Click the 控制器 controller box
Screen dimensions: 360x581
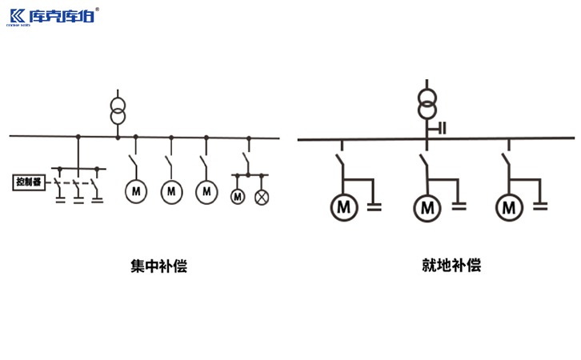(29, 182)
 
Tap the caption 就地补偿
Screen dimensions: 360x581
(452, 266)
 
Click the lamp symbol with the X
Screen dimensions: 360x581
(261, 196)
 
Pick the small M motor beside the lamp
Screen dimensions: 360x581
(238, 196)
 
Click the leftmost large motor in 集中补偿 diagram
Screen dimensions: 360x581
(135, 191)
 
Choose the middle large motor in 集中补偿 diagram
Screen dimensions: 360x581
(171, 191)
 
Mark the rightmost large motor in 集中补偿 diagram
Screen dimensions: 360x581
(207, 191)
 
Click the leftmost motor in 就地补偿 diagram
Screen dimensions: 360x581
(344, 208)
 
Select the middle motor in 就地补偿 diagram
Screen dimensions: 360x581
(427, 208)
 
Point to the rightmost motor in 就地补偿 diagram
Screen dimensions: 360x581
(509, 208)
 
